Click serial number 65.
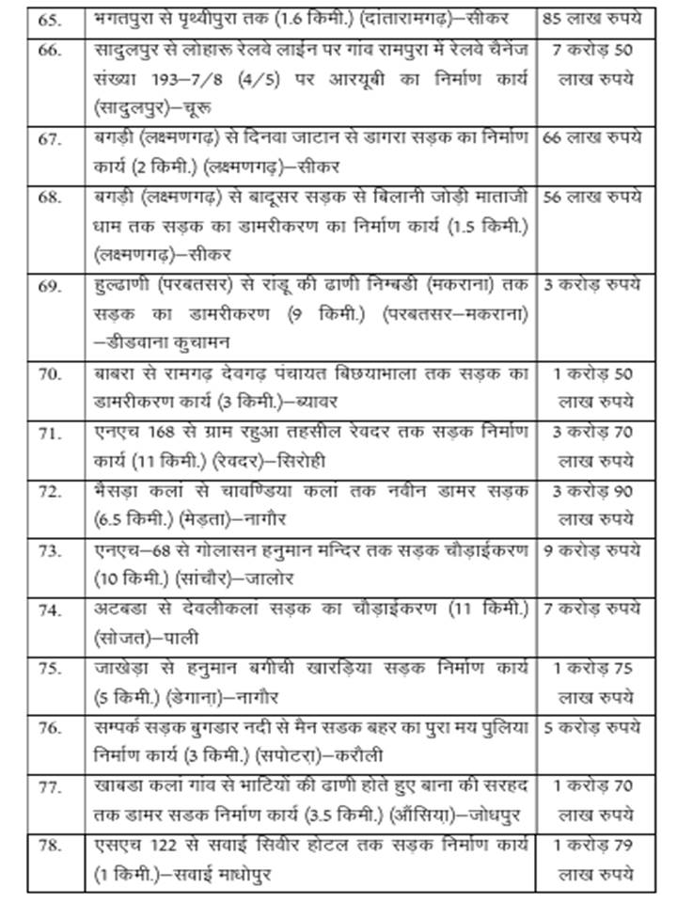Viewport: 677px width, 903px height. click(46, 19)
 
